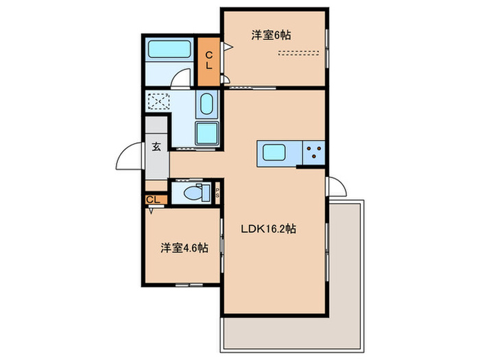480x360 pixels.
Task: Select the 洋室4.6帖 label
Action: pyautogui.click(x=184, y=248)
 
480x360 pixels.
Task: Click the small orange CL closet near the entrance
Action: pyautogui.click(x=154, y=200)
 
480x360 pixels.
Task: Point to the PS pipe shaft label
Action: pyautogui.click(x=218, y=193)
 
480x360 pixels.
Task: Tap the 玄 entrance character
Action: pyautogui.click(x=156, y=146)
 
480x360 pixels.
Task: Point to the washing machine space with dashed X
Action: pyautogui.click(x=157, y=101)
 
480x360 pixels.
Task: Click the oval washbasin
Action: pyautogui.click(x=206, y=105)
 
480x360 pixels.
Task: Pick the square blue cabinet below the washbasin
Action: pyautogui.click(x=206, y=133)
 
